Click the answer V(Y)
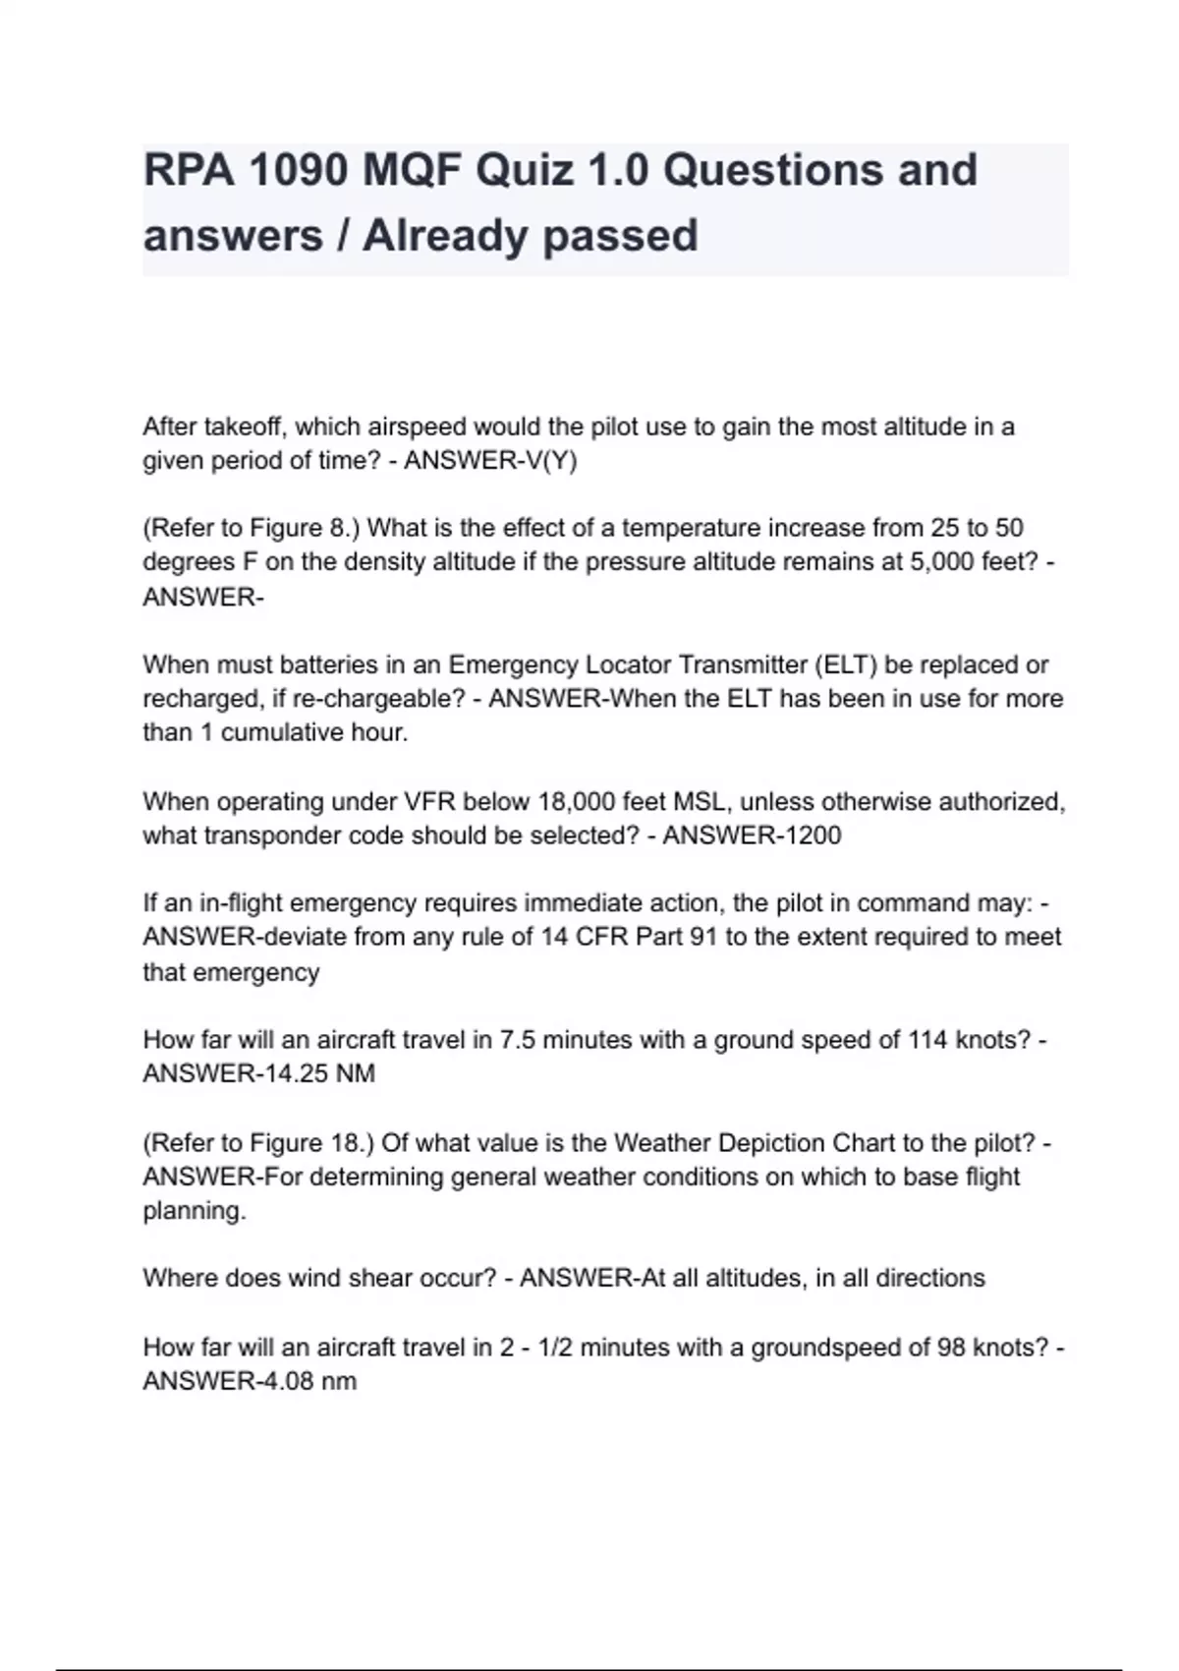point(547,461)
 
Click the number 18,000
point(576,801)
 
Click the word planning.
point(194,1211)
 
